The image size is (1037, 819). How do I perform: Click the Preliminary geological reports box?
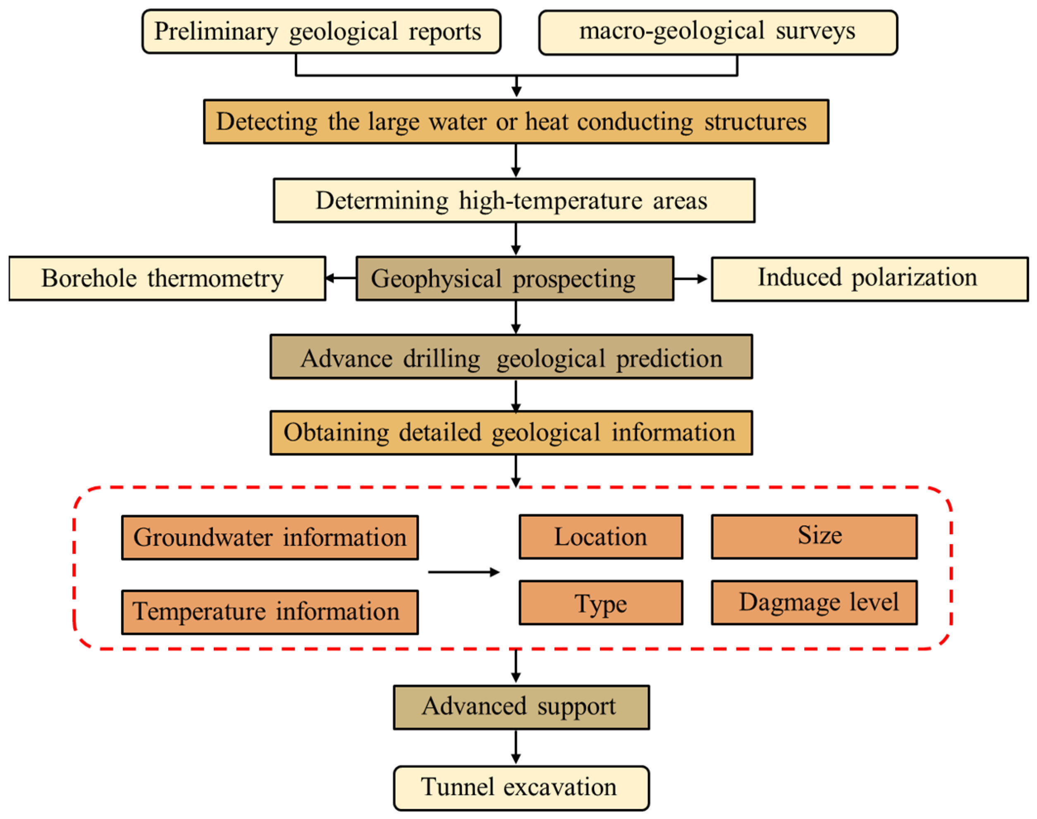pyautogui.click(x=321, y=32)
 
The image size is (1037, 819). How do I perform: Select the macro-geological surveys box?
pyautogui.click(x=718, y=33)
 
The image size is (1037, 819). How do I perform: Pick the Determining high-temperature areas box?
pyautogui.click(x=514, y=201)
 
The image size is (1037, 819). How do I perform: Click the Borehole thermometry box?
pyautogui.click(x=167, y=279)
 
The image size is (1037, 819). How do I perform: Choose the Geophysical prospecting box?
pyautogui.click(x=514, y=279)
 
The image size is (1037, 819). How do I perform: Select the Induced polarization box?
pyautogui.click(x=869, y=279)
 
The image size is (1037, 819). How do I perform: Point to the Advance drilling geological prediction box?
pyautogui.click(x=511, y=357)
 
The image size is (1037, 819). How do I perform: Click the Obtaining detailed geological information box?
pyautogui.click(x=511, y=432)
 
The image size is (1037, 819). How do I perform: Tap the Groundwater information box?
pyautogui.click(x=270, y=537)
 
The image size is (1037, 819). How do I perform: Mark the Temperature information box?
pyautogui.click(x=270, y=612)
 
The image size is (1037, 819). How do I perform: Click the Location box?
pyautogui.click(x=601, y=537)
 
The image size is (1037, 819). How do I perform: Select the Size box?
pyautogui.click(x=814, y=537)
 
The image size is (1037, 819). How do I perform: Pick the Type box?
pyautogui.click(x=601, y=603)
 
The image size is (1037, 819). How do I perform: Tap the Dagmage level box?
pyautogui.click(x=814, y=603)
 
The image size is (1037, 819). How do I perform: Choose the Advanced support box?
pyautogui.click(x=521, y=707)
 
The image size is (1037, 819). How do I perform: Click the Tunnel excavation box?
pyautogui.click(x=521, y=788)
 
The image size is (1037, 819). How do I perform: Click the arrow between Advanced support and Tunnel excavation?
pyautogui.click(x=516, y=747)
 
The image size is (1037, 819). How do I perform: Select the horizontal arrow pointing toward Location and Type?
pyautogui.click(x=464, y=572)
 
